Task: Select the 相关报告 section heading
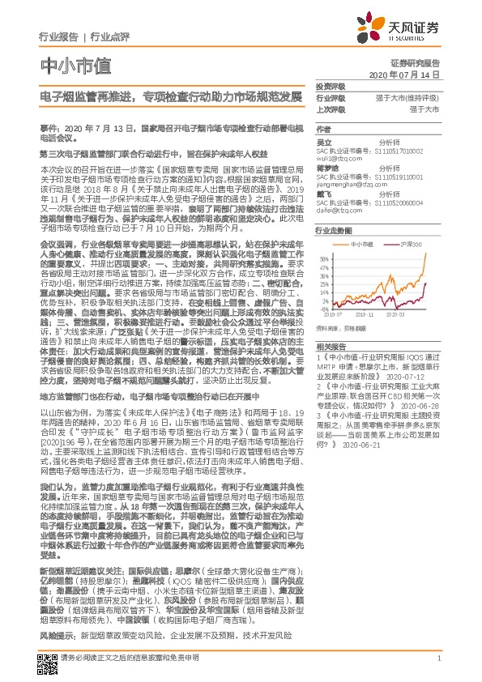(329, 346)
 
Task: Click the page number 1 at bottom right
(438, 659)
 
